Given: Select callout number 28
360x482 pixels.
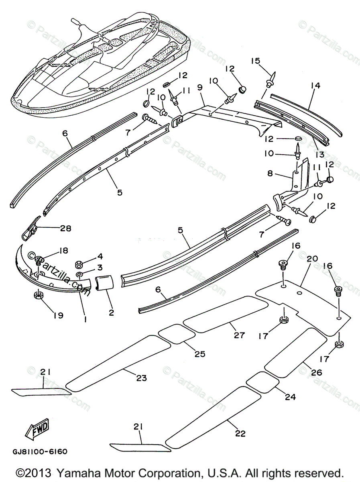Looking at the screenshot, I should coord(65,229).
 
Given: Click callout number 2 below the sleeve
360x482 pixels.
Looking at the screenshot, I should coord(111,312).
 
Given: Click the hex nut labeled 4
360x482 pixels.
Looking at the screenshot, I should coord(79,264).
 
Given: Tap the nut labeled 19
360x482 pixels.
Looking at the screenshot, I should coord(39,296).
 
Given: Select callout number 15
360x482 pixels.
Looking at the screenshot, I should coord(256,61).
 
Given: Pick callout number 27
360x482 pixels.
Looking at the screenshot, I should coord(239,335).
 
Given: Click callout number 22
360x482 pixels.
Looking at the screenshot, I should coord(240,433).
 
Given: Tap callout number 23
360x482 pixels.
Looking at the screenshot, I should coord(141,378).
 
